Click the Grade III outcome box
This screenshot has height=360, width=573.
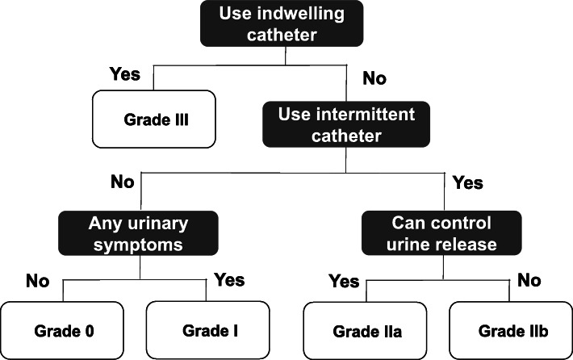click(155, 119)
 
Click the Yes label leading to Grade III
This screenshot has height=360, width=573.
click(124, 75)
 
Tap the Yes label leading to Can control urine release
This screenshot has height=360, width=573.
click(467, 183)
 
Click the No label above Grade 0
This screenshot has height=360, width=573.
click(37, 282)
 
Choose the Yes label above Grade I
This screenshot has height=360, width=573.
click(230, 280)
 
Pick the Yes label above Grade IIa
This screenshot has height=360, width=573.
click(344, 282)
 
